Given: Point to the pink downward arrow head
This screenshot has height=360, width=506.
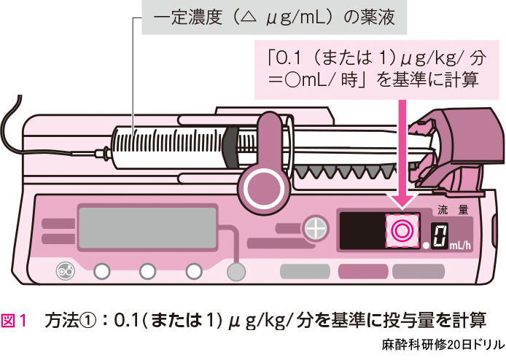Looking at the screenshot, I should tap(400, 197).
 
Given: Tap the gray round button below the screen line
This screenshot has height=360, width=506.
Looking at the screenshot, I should tap(235, 272).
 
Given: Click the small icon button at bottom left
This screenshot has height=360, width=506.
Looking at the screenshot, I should tap(65, 272).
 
